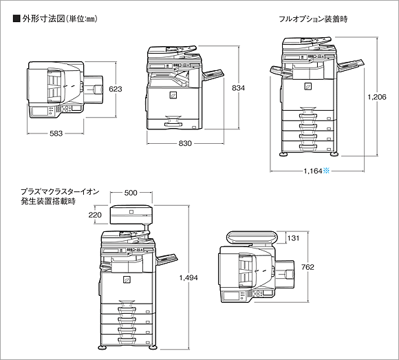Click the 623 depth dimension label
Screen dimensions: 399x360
116,89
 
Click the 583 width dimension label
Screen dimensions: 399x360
56,134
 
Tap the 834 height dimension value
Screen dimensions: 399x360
238,88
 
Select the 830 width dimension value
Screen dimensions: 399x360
185,144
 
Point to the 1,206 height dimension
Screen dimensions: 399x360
377,97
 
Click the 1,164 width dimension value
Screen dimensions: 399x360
313,171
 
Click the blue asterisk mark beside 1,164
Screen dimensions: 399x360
326,171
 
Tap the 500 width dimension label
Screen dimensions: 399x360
131,193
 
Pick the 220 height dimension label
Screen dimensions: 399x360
95,215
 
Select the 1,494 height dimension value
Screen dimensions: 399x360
188,278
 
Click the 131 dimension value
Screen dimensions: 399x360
293,238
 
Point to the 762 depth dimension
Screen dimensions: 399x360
308,267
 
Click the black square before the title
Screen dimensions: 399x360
17,19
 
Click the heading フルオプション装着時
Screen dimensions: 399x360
313,19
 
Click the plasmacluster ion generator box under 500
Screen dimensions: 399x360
131,215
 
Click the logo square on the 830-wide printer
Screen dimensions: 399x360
173,95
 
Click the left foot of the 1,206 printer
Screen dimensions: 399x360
283,154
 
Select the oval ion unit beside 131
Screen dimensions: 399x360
252,237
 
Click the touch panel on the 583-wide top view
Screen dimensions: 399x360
39,112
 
